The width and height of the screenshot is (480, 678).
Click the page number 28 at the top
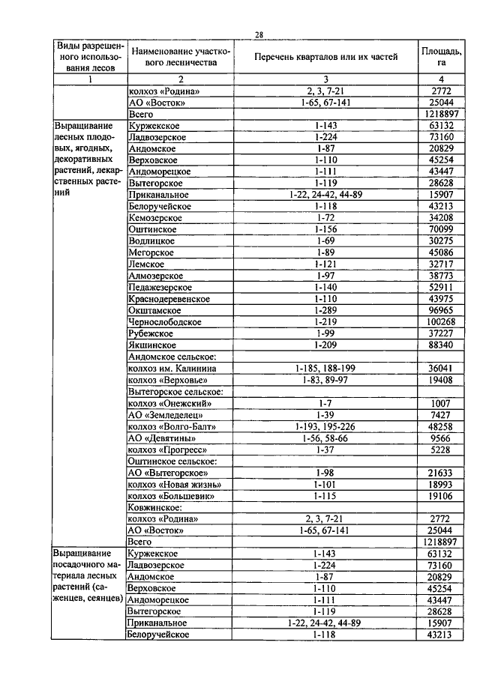pos(259,34)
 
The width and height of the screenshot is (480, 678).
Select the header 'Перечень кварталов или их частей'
pos(325,57)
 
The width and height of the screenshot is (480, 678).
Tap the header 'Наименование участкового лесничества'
pos(180,57)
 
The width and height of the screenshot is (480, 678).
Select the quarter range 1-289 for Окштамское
pos(325,309)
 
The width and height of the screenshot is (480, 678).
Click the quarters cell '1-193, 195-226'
pos(325,426)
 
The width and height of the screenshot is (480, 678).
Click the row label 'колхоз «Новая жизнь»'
pos(171,484)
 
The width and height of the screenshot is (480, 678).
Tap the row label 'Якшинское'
pos(150,345)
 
